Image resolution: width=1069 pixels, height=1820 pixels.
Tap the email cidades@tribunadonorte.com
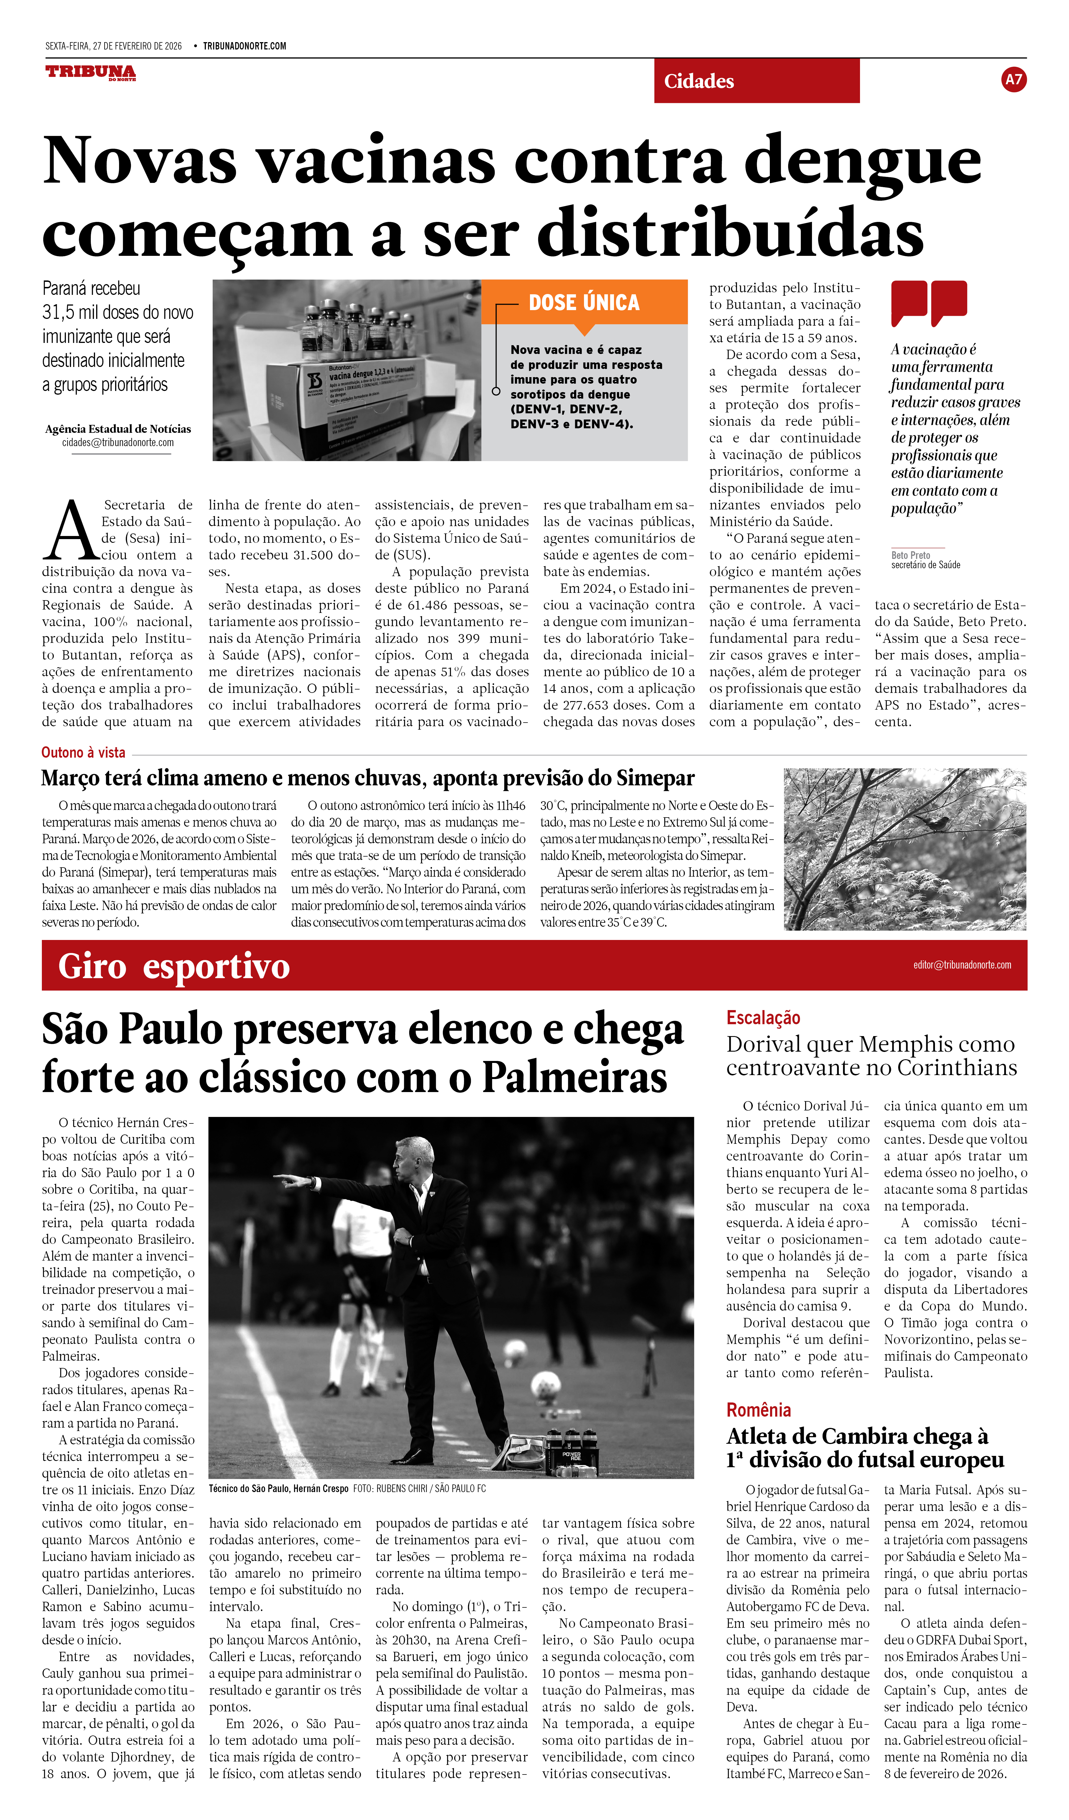(118, 443)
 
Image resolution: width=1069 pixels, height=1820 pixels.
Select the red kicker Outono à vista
(83, 753)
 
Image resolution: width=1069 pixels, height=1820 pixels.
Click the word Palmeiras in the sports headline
(574, 1078)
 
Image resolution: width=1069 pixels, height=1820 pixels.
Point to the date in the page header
(113, 46)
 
